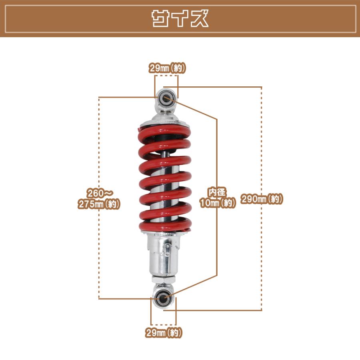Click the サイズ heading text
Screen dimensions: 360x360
click(x=180, y=18)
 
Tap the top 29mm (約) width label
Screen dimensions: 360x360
click(x=167, y=68)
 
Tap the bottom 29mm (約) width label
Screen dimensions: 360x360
click(x=164, y=332)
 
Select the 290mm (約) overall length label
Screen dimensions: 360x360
click(x=262, y=199)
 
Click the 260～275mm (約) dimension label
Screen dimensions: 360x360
click(x=99, y=198)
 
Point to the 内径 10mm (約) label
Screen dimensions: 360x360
click(x=218, y=198)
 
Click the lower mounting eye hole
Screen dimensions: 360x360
click(x=162, y=299)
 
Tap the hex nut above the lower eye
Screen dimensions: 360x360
click(x=163, y=280)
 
